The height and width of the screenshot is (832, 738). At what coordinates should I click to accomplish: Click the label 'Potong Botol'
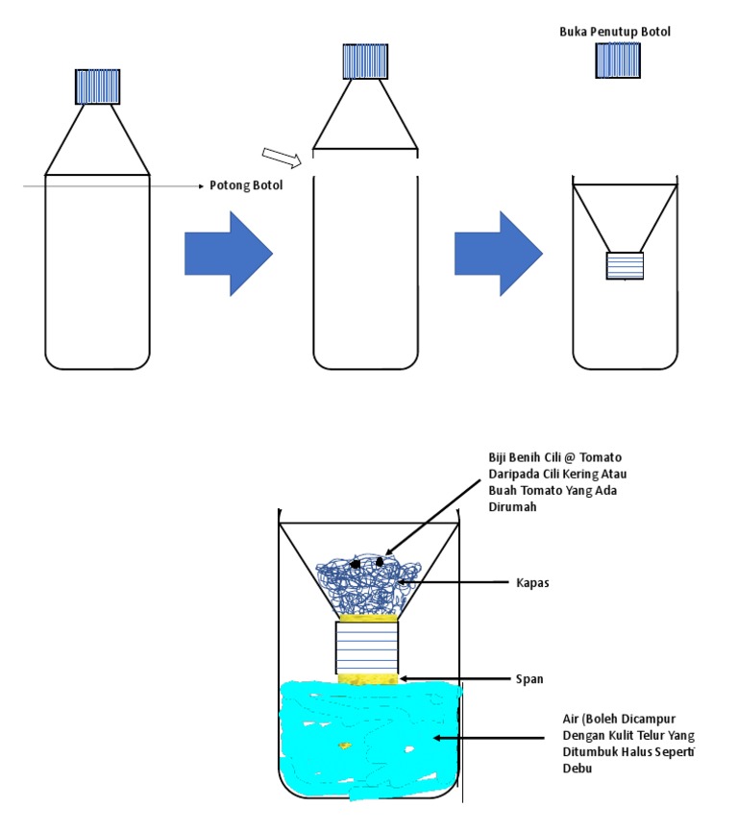[x=246, y=185]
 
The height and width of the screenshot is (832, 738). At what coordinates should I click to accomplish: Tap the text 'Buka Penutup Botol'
[x=615, y=32]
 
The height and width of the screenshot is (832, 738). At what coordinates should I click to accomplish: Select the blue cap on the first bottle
[x=98, y=86]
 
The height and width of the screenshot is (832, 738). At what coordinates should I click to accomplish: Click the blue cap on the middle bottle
[x=365, y=61]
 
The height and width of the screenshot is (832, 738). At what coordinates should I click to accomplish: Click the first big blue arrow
[x=229, y=254]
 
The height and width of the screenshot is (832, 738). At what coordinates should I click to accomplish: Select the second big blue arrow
[x=499, y=254]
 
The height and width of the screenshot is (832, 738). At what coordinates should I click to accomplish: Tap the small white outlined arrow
[x=282, y=157]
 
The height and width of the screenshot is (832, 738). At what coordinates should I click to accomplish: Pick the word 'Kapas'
[x=533, y=582]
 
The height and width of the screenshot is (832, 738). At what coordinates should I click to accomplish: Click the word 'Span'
[x=529, y=678]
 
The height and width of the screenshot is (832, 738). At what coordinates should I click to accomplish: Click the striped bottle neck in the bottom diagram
[x=366, y=648]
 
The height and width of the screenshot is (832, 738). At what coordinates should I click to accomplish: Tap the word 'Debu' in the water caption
[x=578, y=769]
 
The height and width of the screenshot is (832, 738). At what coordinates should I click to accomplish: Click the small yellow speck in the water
[x=343, y=745]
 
